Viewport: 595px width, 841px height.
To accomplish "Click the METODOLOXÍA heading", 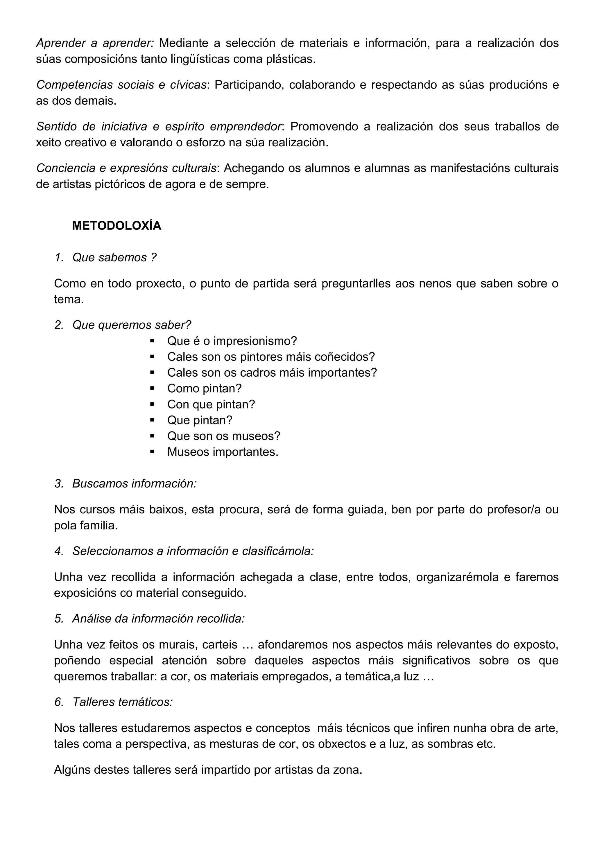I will point(117,226).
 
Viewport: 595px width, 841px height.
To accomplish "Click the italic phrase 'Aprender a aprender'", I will point(94,43).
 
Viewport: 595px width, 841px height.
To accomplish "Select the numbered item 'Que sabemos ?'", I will point(114,258).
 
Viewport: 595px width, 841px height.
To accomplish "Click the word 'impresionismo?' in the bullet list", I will point(255,341).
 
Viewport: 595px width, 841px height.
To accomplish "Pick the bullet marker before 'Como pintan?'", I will point(152,389).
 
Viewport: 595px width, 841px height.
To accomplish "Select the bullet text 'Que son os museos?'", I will point(223,436).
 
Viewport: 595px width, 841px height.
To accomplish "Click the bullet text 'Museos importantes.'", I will point(223,452).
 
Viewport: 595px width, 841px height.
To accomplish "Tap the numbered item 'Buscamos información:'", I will point(135,484).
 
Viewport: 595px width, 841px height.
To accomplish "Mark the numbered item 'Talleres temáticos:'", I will point(122,702).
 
